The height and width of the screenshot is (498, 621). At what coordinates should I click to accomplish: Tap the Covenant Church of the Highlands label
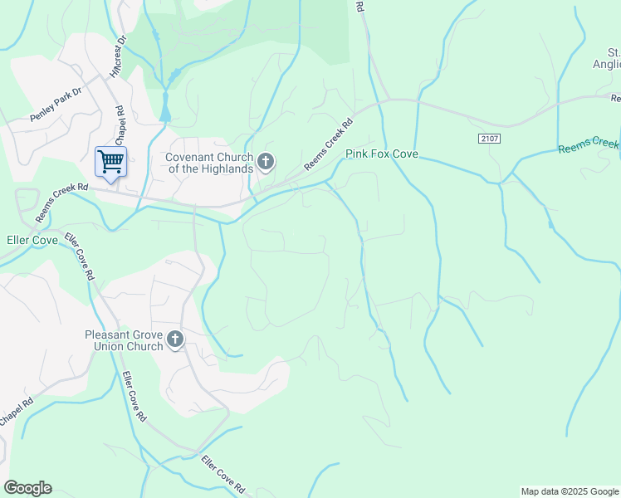[x=208, y=163]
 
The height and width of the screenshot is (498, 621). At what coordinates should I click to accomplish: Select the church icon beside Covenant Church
[x=266, y=162]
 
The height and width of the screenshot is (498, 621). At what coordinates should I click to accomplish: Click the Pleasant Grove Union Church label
[x=124, y=340]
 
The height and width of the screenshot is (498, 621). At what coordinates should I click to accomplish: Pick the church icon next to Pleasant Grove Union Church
[x=174, y=339]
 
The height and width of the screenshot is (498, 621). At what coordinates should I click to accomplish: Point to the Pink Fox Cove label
[x=381, y=154]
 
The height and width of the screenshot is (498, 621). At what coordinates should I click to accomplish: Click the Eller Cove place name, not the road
[x=32, y=241]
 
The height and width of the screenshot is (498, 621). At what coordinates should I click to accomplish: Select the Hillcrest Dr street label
[x=117, y=56]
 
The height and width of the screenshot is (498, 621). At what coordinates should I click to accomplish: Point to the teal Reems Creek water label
[x=589, y=145]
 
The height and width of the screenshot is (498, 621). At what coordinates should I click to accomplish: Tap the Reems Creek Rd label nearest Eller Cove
[x=61, y=202]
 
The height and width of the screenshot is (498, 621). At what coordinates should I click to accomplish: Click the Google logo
[x=27, y=488]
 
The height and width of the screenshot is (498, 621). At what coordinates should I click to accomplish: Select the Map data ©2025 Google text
[x=569, y=491]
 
